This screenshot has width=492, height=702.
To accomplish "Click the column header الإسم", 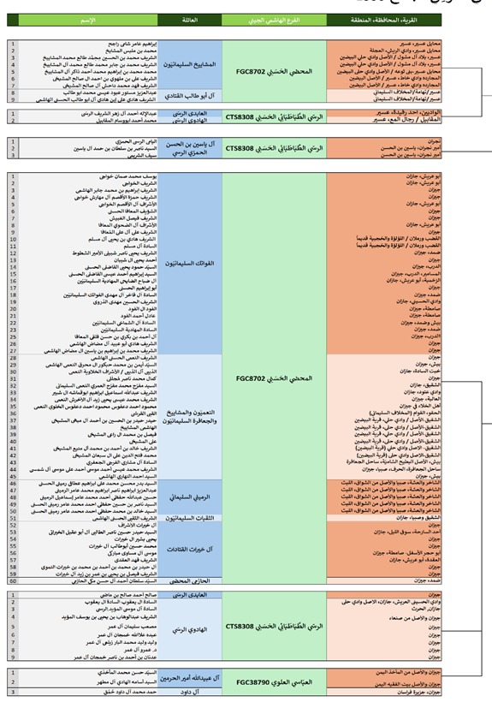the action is pos(86,19).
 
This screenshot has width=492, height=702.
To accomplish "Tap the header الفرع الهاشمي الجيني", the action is pos(274,19).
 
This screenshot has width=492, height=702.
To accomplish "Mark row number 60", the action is pos(13,580).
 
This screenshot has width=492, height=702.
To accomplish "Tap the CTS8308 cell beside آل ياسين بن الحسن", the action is pos(274,148).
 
